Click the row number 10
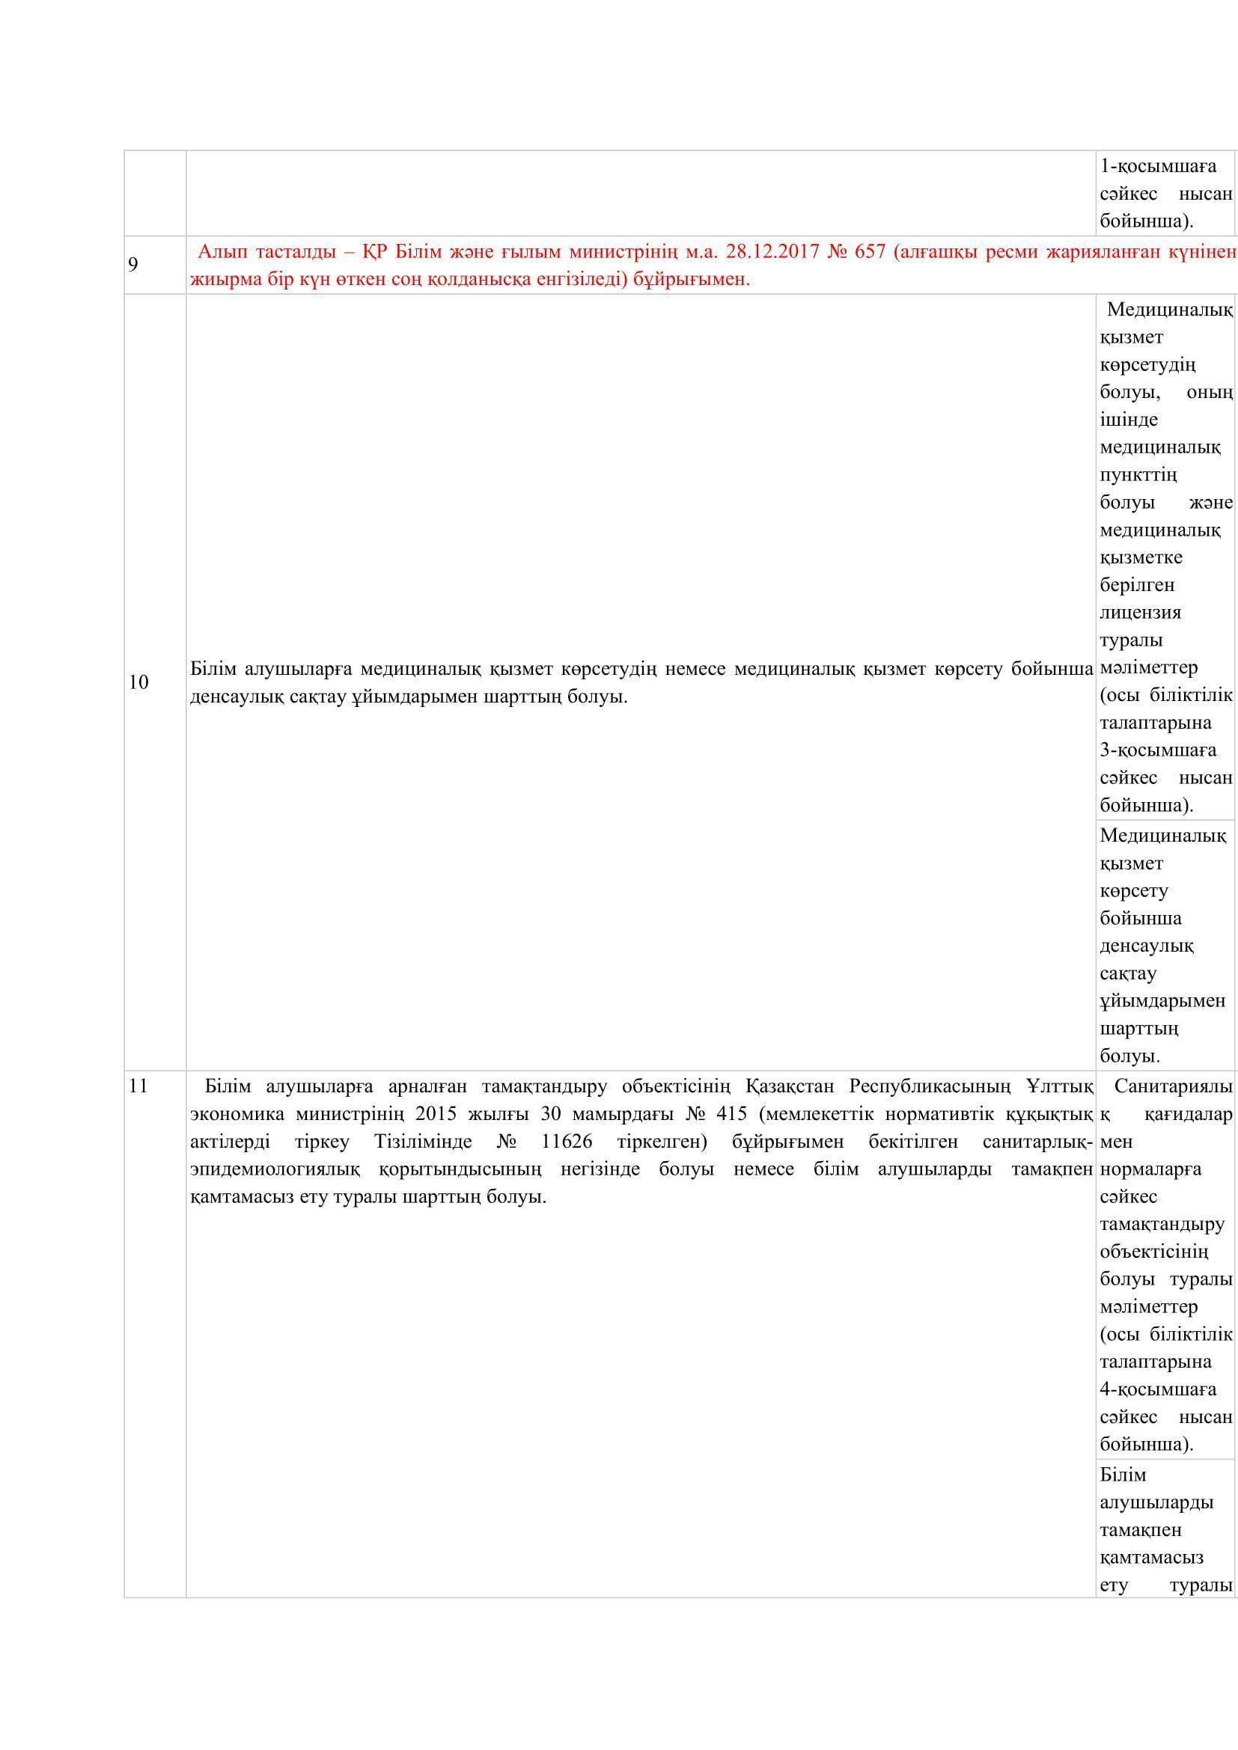coord(138,682)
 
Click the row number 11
coord(138,1086)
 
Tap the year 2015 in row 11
coord(437,1113)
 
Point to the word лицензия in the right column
coord(1141,613)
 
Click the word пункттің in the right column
coord(1138,476)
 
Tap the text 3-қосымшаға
coord(1158,750)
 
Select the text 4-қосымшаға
coord(1158,1389)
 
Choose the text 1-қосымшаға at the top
coord(1158,166)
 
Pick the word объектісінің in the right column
coord(1153,1252)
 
